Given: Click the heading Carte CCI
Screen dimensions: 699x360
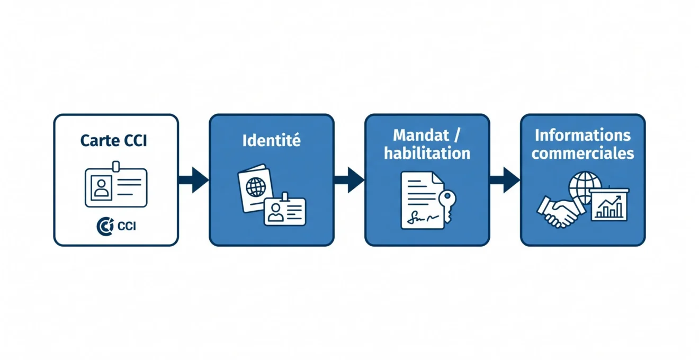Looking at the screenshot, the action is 113,140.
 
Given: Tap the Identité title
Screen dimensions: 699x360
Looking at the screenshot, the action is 272,140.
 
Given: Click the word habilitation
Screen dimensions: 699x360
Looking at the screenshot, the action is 427,153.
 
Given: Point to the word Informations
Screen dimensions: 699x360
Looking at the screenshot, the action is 582,135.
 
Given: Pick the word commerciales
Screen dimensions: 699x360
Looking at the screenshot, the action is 582,153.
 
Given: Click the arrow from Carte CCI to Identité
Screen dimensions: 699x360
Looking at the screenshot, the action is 193,180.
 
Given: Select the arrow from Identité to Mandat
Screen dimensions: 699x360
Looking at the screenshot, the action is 349,180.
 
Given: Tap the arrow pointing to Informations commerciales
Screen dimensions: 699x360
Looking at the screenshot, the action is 505,180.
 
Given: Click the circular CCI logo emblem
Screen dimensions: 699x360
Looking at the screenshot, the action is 105,226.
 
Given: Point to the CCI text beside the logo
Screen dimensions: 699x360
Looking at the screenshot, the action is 127,226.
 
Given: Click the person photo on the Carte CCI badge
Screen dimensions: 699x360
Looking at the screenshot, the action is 101,188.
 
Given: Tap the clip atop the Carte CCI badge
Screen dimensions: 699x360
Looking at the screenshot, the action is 116,166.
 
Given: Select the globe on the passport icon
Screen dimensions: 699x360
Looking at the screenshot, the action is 256,187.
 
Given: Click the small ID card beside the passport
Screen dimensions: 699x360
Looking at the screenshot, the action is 284,211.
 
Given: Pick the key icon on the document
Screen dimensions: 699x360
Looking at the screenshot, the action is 447,205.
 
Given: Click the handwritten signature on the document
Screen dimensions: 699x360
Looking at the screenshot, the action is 422,218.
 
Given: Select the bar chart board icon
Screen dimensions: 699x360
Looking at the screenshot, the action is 609,204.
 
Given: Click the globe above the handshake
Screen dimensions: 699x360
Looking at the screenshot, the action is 585,187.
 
